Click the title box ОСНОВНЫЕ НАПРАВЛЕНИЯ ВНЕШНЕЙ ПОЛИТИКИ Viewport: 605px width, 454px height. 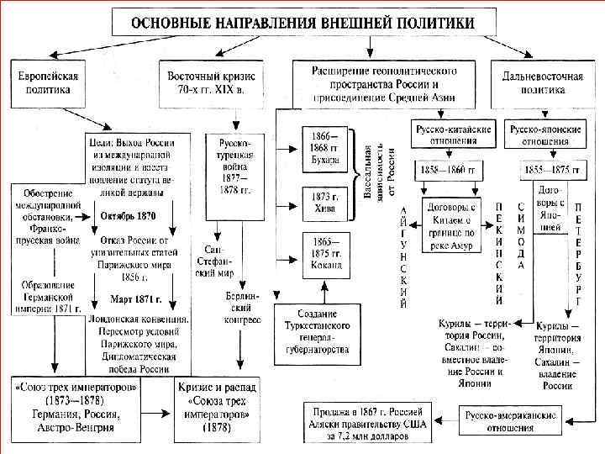(x=301, y=22)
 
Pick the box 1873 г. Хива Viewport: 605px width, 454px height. (x=324, y=203)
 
